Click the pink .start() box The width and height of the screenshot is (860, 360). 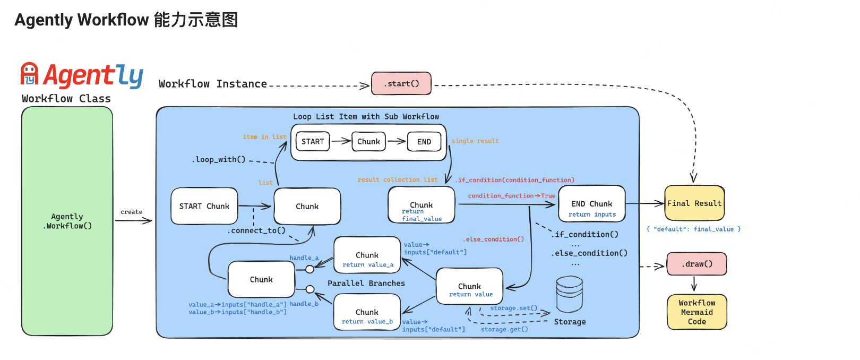click(x=401, y=84)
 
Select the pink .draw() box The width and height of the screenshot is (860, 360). click(x=696, y=264)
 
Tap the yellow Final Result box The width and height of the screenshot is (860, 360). click(x=694, y=203)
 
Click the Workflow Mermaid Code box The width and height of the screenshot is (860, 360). click(x=696, y=312)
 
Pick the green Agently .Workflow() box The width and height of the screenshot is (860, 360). click(x=67, y=221)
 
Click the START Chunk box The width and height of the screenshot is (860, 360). click(x=204, y=206)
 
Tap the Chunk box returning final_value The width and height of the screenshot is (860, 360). click(x=422, y=205)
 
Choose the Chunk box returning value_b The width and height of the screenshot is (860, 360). click(x=367, y=313)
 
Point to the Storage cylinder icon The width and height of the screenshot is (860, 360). click(x=569, y=295)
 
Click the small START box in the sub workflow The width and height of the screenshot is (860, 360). click(x=313, y=142)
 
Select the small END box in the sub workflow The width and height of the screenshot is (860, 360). click(x=424, y=142)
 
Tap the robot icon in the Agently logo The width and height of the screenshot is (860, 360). click(x=29, y=74)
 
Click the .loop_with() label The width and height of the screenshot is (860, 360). click(x=219, y=159)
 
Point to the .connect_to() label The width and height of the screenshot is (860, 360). click(x=257, y=230)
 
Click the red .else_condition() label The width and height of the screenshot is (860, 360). click(x=494, y=239)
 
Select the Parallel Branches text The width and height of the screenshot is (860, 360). click(x=366, y=284)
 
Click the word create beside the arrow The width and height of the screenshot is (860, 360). click(x=131, y=212)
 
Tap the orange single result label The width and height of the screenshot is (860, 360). click(x=475, y=141)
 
